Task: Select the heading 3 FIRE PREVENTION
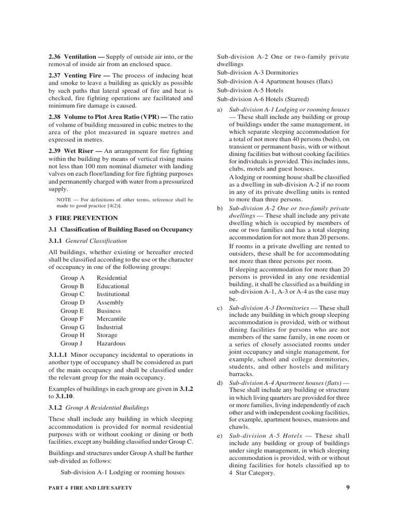pyautogui.click(x=83, y=218)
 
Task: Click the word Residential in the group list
pyautogui.click(x=112, y=278)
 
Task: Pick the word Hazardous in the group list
pyautogui.click(x=111, y=343)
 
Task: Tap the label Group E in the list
pyautogui.click(x=72, y=311)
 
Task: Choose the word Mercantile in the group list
pyautogui.click(x=111, y=319)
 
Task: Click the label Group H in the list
pyautogui.click(x=72, y=335)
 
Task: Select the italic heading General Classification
pyautogui.click(x=95, y=241)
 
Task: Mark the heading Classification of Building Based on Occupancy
pyautogui.click(x=126, y=229)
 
